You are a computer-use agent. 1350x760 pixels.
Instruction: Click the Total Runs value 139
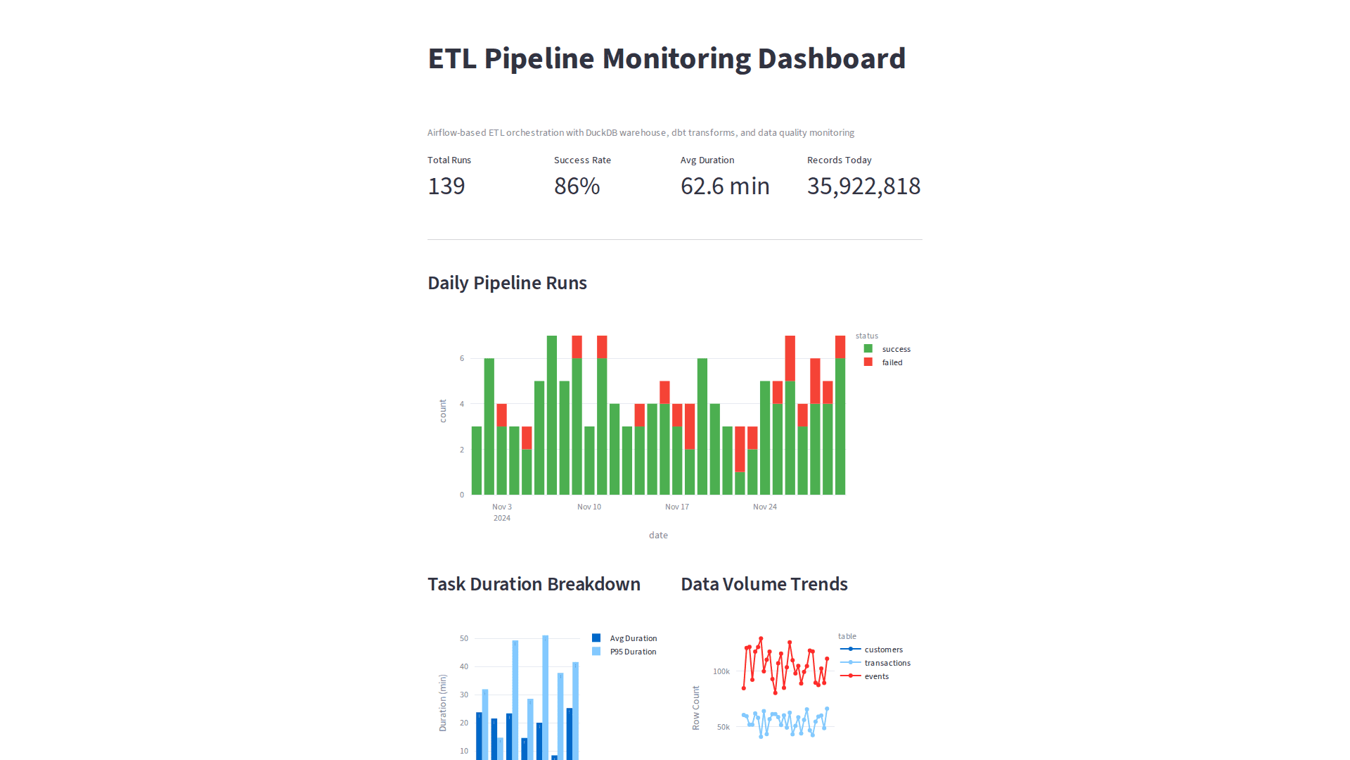point(446,186)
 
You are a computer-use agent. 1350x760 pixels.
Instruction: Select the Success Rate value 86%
point(577,186)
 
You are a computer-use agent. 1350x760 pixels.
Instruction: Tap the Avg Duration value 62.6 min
point(724,186)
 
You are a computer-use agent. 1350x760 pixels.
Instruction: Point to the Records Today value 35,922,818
point(863,186)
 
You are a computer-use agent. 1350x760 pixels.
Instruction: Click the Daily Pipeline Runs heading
point(507,283)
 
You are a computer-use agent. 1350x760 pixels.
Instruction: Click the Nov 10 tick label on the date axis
point(589,507)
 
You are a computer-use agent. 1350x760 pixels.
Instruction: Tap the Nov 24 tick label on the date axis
point(764,507)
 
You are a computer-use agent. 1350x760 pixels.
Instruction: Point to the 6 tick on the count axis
point(462,358)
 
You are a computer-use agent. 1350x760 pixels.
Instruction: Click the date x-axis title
point(658,535)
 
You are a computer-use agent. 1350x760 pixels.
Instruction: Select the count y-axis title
point(443,411)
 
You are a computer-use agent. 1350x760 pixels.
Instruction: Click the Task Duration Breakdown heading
point(534,584)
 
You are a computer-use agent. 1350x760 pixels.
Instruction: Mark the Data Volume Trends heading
point(764,584)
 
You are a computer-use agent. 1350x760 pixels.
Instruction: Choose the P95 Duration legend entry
point(633,652)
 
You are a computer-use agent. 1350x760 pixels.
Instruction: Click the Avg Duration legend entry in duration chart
point(633,638)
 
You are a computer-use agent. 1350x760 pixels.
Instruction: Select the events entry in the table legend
point(876,676)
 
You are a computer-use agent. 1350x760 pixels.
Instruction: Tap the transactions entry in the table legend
point(887,663)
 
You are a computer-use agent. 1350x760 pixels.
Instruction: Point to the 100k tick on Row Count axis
point(721,671)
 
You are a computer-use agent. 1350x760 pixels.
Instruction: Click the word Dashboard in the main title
point(831,58)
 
